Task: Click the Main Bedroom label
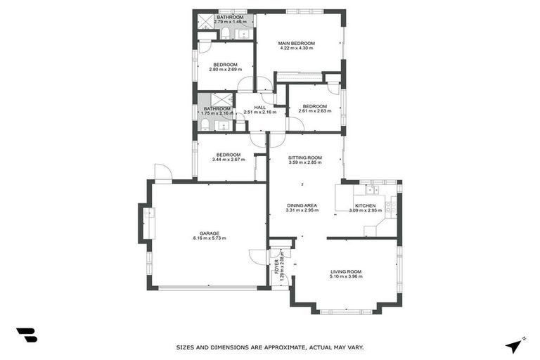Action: [x=297, y=43]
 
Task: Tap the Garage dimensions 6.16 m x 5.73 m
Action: [x=209, y=238]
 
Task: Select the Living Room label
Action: [x=346, y=271]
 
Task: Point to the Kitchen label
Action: [x=365, y=205]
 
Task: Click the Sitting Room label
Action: [x=304, y=157]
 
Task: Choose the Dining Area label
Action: [x=302, y=205]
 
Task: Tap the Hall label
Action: [x=259, y=107]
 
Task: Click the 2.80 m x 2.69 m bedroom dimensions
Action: [x=225, y=70]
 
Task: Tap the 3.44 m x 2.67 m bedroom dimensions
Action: [x=229, y=160]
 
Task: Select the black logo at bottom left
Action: [x=27, y=335]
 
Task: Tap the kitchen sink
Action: [x=371, y=190]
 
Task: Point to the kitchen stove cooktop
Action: [x=391, y=207]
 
